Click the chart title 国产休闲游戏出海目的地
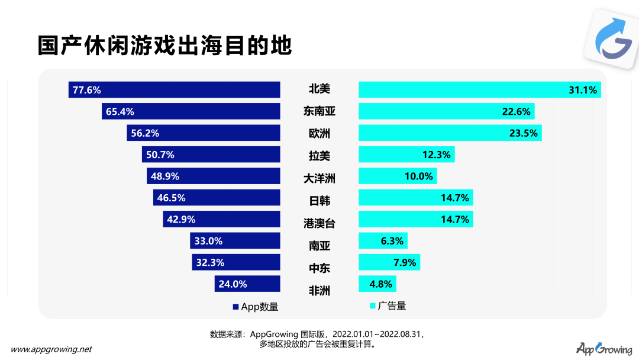165,45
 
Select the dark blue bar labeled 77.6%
174,90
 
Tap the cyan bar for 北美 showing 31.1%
479,90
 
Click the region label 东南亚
319,111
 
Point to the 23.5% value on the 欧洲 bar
523,133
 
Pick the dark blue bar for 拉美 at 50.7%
211,155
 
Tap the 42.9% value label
181,219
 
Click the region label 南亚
319,245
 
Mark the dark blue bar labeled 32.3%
235,262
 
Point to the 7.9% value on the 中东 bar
405,262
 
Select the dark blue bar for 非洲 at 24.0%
247,284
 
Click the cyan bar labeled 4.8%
377,284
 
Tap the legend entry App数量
256,307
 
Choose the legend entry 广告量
388,306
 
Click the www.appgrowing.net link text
52,349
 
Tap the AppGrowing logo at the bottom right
603,348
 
